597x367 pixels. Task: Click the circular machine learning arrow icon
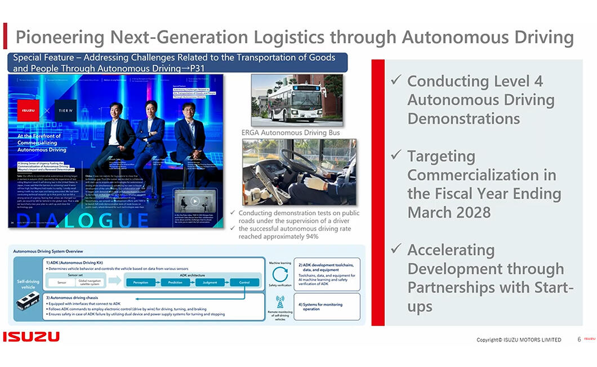tap(280, 274)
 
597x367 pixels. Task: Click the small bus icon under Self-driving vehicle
tap(28, 301)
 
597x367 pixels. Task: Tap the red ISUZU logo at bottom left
tap(31, 337)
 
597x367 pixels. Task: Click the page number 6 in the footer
tap(579, 339)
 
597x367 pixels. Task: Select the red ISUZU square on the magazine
tap(28, 110)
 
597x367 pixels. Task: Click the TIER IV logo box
tap(66, 110)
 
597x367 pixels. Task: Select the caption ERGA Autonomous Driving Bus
tap(290, 133)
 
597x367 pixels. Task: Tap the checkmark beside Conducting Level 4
tap(395, 81)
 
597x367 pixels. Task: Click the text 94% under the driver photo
tap(311, 237)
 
